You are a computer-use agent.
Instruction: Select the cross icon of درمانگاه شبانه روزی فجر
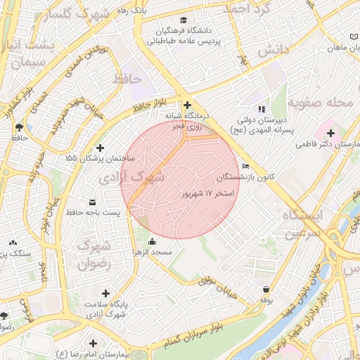tap(187, 105)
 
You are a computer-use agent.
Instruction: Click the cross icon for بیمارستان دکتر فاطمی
tap(350, 133)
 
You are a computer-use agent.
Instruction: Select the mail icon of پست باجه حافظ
tap(92, 202)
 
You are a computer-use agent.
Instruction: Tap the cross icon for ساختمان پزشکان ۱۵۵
tap(101, 148)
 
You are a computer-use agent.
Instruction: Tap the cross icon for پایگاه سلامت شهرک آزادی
tap(105, 293)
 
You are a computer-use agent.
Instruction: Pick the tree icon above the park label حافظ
tap(19, 127)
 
